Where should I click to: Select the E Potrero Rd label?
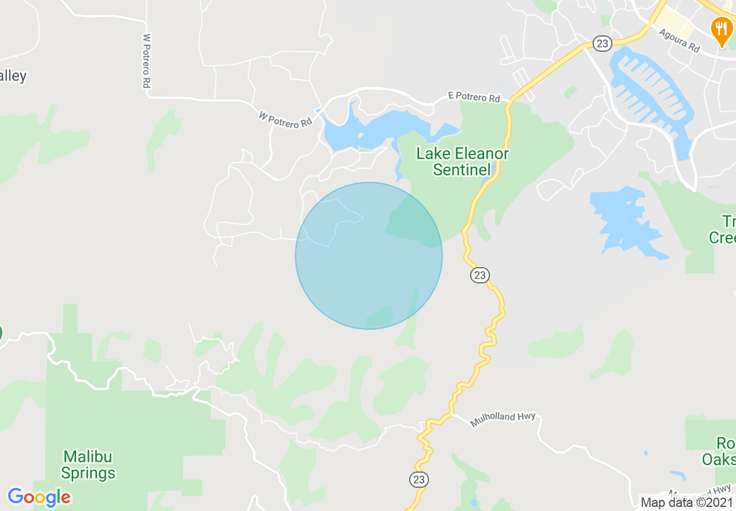click(474, 98)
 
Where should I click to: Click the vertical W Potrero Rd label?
click(147, 61)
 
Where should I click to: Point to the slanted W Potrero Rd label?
click(285, 120)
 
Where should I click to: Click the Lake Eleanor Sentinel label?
click(463, 161)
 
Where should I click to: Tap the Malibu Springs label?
click(88, 465)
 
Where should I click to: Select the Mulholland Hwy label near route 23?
click(503, 419)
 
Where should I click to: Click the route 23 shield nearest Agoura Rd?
click(601, 42)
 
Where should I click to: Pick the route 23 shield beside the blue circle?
click(479, 275)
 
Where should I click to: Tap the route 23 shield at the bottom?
click(418, 480)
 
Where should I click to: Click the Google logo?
click(39, 497)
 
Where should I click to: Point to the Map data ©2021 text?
click(687, 502)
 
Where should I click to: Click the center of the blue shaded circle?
click(369, 255)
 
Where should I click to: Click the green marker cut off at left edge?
click(1, 333)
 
